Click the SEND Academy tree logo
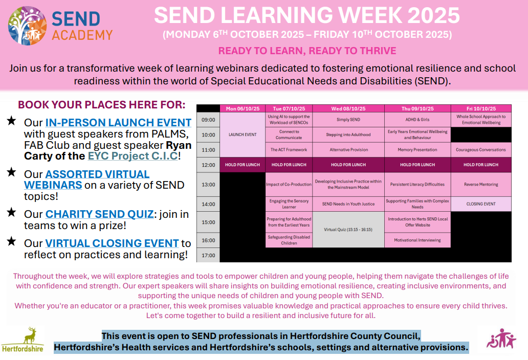28,25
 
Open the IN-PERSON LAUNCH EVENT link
118,122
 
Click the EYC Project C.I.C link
133,156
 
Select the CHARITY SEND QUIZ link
99,214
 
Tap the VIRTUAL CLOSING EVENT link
112,243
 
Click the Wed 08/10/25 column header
348,109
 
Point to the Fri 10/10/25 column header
481,109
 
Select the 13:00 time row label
208,185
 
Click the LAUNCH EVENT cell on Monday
243,134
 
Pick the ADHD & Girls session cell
417,120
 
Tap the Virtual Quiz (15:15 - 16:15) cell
348,230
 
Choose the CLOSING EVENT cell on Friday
481,204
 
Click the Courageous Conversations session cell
481,150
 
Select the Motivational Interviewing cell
417,240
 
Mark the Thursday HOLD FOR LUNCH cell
417,165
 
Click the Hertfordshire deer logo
23,340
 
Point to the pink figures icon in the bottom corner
501,339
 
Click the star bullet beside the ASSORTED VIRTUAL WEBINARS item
11,172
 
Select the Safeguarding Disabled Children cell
289,240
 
